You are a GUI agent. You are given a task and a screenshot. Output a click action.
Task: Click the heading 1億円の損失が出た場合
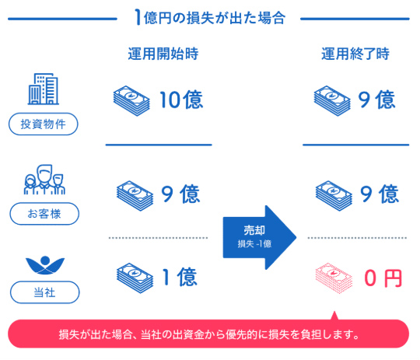[210, 18]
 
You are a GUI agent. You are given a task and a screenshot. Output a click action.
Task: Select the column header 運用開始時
[163, 54]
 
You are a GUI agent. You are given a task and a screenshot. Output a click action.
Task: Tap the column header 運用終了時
[355, 54]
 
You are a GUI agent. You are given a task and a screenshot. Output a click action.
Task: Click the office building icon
[44, 89]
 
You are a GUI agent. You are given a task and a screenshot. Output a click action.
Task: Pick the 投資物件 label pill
[44, 124]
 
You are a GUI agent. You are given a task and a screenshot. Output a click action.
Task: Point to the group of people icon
[44, 180]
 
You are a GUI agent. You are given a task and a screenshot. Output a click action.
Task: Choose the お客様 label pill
[44, 214]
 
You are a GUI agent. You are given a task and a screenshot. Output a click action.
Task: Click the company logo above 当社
[45, 265]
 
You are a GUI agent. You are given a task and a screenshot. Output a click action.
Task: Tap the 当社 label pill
[45, 292]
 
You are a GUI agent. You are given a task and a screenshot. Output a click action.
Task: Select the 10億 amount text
[181, 100]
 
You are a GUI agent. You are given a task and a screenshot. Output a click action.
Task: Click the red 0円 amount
[383, 278]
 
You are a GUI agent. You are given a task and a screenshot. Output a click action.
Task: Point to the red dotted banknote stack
[334, 278]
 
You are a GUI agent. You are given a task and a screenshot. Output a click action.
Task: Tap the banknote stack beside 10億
[131, 101]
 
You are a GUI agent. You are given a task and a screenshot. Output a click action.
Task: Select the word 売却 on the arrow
[254, 230]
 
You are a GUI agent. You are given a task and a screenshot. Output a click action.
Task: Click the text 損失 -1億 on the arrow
[254, 243]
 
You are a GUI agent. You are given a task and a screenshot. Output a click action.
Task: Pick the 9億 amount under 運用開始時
[180, 194]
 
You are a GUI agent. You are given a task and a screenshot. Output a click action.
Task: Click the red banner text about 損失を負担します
[208, 334]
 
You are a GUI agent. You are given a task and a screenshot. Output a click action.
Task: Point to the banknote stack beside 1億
[135, 278]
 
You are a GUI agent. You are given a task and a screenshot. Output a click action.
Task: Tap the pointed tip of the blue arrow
[296, 237]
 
